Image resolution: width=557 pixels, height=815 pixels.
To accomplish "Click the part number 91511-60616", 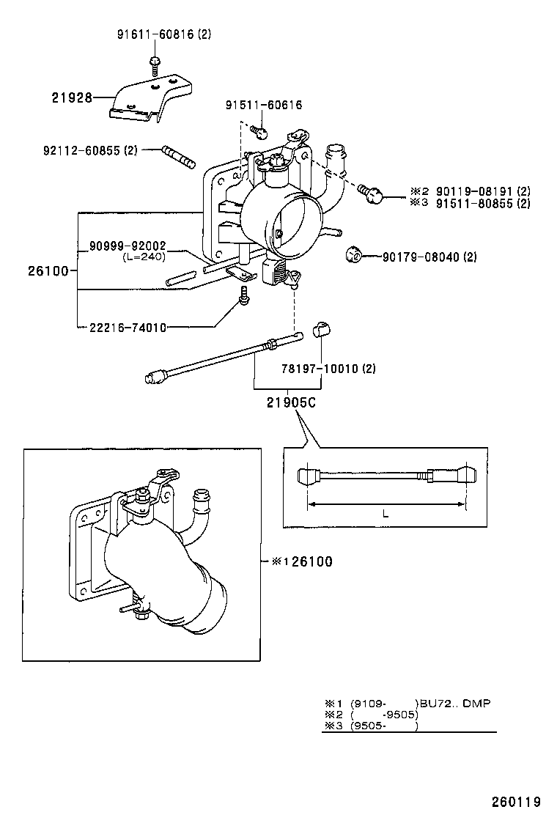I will tap(263, 106).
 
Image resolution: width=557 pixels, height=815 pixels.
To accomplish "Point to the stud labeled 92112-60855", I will tap(177, 156).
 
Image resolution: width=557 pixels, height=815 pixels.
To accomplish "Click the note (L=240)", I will tap(143, 257).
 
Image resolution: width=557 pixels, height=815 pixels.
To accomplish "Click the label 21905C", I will tap(291, 402).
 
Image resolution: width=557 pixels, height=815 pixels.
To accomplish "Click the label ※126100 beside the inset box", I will tap(301, 561).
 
